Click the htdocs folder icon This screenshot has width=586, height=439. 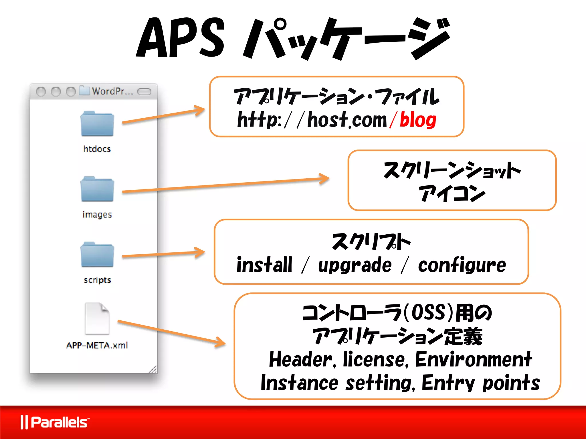(x=97, y=124)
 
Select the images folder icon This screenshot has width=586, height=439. (x=97, y=189)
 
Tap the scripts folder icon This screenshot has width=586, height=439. (x=97, y=255)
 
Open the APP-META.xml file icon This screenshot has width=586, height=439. (x=97, y=318)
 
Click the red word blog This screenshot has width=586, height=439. (x=418, y=120)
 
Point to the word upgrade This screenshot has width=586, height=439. (x=355, y=265)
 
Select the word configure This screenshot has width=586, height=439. (x=462, y=265)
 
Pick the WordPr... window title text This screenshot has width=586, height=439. (x=112, y=91)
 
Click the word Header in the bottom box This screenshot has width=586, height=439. (x=300, y=359)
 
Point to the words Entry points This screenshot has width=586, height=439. (x=481, y=383)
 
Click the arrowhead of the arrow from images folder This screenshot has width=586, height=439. (x=325, y=179)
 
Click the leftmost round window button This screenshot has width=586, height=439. (x=41, y=92)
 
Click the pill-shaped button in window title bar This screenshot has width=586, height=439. (x=144, y=91)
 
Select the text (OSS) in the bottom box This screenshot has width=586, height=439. (x=428, y=312)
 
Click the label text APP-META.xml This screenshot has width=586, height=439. (x=97, y=345)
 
